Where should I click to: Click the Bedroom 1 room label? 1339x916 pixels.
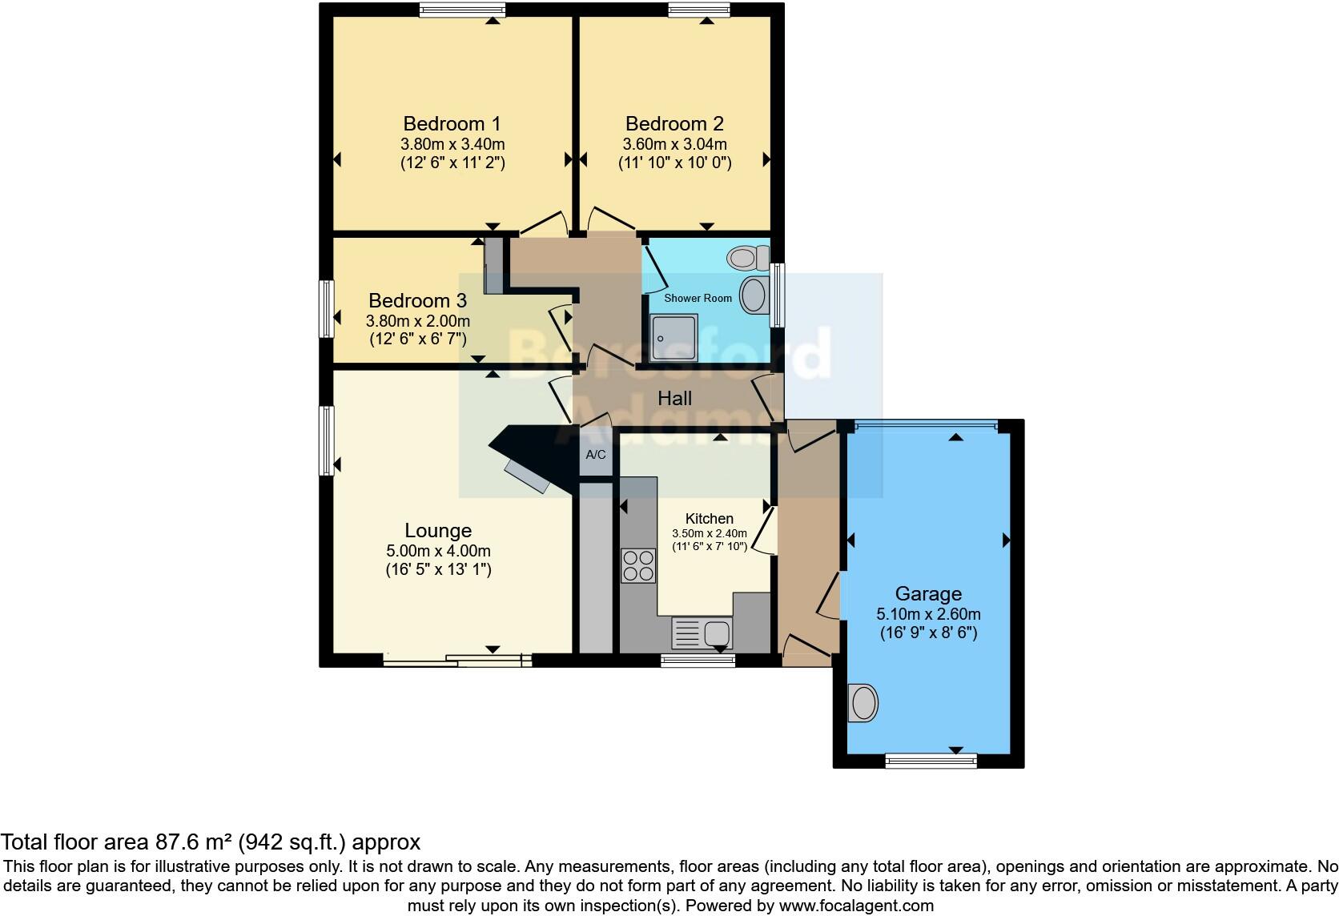coord(452,124)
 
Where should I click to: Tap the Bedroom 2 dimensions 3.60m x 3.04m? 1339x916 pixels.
coord(674,145)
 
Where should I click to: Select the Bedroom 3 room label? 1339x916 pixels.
coord(417,301)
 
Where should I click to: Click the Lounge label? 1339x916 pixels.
coord(438,531)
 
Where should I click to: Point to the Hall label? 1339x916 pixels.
coord(674,399)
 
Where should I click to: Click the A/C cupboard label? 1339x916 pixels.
coord(596,455)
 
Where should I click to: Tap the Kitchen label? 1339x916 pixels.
coord(709,519)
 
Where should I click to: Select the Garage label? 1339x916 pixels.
coord(928,594)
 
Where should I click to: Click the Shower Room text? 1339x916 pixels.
coord(698,298)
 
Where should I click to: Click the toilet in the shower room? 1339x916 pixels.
coord(745,258)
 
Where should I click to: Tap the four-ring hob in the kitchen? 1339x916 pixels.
coord(638,564)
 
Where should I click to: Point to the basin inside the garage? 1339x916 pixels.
coord(863,704)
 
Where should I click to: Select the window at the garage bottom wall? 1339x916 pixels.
coord(931,760)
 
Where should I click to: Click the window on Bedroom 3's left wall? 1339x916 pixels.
coord(326,308)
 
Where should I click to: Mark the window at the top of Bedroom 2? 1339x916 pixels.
coord(699,10)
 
